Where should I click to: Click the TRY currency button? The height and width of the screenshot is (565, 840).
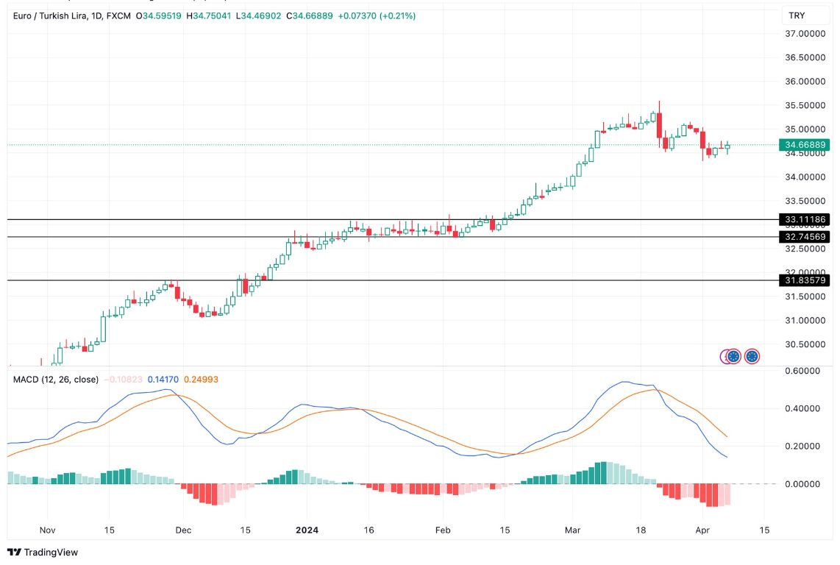tap(797, 15)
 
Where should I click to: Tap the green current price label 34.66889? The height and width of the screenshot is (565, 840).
tap(805, 145)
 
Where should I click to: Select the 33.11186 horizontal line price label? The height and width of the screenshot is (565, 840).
tap(805, 219)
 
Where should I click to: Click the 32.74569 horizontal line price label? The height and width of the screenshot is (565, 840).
tap(805, 237)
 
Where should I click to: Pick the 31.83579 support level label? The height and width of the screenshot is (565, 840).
tap(805, 280)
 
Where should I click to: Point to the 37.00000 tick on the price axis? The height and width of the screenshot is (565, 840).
tap(805, 34)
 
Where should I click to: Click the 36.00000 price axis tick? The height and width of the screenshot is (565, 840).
tap(805, 82)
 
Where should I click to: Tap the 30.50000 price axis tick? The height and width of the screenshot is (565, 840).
tap(805, 344)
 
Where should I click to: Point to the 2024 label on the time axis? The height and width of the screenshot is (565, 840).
tap(306, 530)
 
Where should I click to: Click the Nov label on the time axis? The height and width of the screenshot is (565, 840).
tap(48, 530)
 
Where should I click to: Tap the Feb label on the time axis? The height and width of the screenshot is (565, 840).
tap(442, 530)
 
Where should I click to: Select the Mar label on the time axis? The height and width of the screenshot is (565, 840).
tap(572, 530)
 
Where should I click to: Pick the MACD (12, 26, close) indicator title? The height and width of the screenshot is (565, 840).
tap(56, 380)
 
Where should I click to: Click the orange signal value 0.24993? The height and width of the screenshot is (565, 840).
tap(201, 380)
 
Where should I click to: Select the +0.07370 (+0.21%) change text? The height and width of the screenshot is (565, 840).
tap(377, 15)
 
